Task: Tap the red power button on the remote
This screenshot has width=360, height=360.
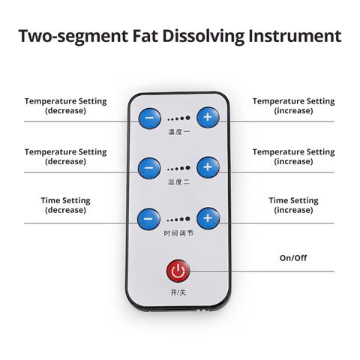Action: click(x=178, y=271)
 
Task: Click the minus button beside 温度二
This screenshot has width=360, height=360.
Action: click(x=149, y=168)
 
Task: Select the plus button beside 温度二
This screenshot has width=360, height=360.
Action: click(x=208, y=167)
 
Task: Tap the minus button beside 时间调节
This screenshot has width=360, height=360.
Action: click(x=148, y=219)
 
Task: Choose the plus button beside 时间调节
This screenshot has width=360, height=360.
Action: click(x=208, y=218)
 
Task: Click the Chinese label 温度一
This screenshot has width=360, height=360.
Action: click(x=178, y=132)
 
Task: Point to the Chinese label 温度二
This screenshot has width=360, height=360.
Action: click(x=178, y=182)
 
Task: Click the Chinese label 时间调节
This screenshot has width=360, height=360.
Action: click(x=178, y=233)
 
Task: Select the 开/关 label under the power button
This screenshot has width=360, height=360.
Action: click(x=178, y=292)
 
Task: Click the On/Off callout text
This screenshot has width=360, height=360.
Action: click(x=293, y=258)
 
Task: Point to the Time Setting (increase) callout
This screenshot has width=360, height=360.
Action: click(x=293, y=205)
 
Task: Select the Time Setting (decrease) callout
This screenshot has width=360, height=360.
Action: click(x=65, y=205)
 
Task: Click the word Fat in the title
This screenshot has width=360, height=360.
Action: click(x=145, y=36)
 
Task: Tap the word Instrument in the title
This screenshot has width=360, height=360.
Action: click(x=295, y=36)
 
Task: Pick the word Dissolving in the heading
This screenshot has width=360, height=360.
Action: click(x=203, y=37)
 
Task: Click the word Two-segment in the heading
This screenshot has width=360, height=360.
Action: click(x=73, y=37)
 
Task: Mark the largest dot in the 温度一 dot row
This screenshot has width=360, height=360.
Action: click(x=187, y=118)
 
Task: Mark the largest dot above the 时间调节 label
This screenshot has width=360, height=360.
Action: click(x=187, y=219)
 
